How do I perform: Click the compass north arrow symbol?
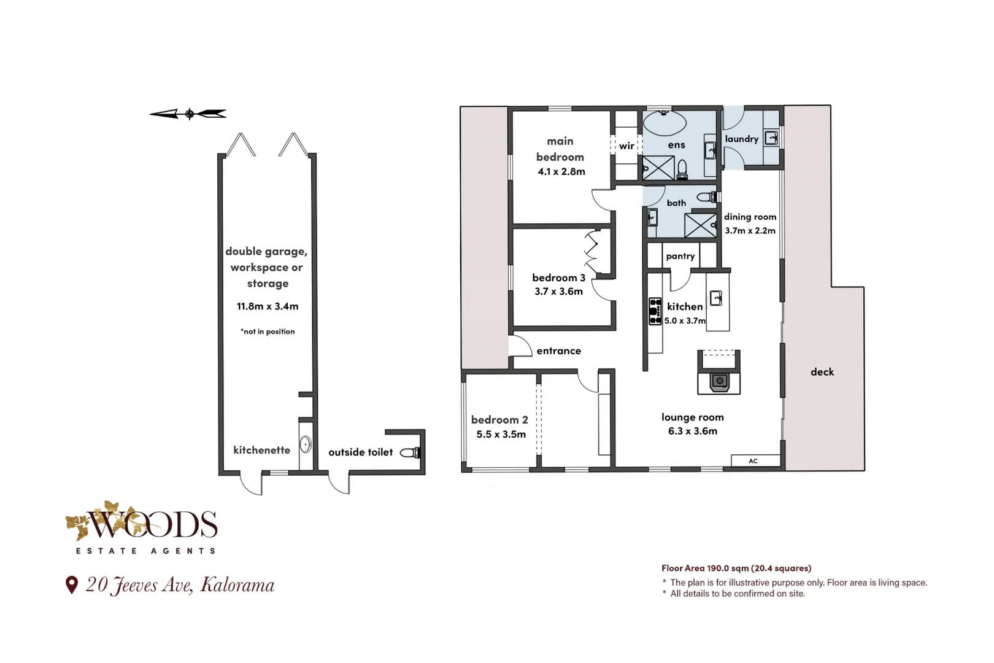(188, 114)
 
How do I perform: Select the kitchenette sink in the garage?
(306, 444)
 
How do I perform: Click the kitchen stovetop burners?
(655, 311)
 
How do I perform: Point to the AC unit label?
(753, 461)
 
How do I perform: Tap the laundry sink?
(771, 138)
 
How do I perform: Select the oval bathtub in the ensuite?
(664, 123)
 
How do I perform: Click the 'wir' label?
(626, 145)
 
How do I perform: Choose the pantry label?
(680, 256)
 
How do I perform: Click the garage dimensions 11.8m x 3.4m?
(268, 306)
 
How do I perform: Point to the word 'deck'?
(822, 371)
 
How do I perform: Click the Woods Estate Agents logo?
(142, 527)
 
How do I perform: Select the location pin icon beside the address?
(71, 585)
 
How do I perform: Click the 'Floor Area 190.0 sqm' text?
(704, 568)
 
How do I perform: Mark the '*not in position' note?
(268, 331)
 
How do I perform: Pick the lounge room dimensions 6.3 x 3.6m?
(693, 431)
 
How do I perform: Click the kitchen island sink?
(716, 298)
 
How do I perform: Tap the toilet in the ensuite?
(682, 169)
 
